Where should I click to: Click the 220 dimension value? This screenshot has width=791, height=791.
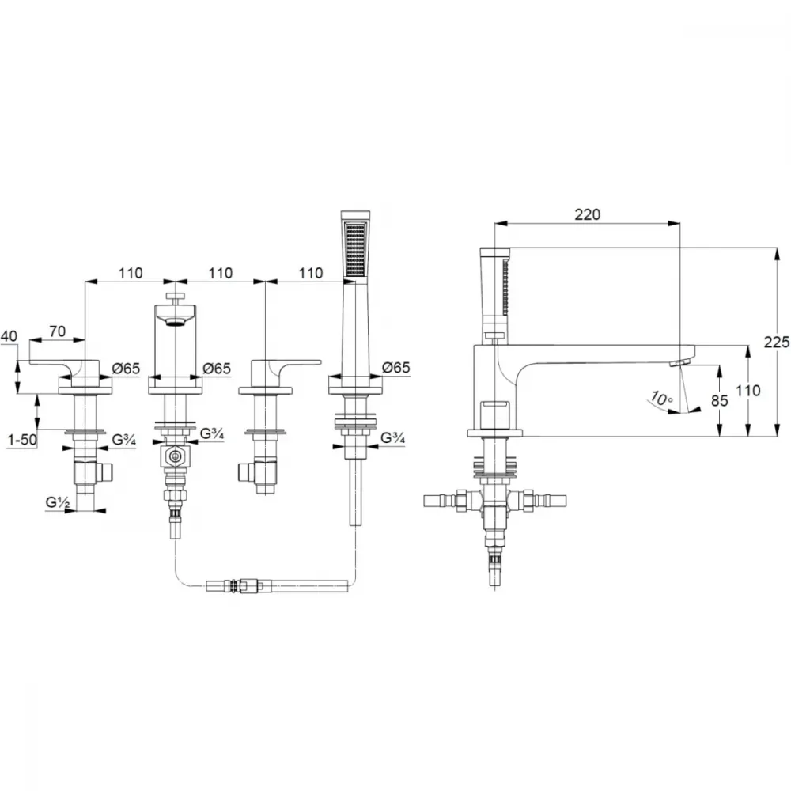[587, 214]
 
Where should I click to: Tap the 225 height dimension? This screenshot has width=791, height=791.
[777, 342]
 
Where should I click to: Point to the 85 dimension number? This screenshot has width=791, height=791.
[719, 400]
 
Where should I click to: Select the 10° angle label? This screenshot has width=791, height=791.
[661, 399]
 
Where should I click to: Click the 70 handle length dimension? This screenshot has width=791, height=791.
[58, 331]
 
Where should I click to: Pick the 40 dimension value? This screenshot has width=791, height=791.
[9, 336]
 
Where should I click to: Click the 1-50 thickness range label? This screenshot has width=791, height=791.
[22, 440]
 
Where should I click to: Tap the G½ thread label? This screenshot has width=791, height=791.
[58, 502]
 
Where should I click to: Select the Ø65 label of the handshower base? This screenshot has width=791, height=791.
[396, 367]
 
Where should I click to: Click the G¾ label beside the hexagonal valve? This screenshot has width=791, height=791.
[212, 433]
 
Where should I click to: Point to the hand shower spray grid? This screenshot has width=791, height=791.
[356, 250]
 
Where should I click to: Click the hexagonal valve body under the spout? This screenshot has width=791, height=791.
[175, 457]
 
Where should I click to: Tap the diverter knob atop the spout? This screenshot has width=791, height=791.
[175, 297]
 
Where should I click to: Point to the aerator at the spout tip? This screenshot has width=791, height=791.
[679, 363]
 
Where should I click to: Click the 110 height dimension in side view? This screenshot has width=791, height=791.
[747, 391]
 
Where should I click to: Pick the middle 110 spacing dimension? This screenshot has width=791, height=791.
[221, 273]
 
